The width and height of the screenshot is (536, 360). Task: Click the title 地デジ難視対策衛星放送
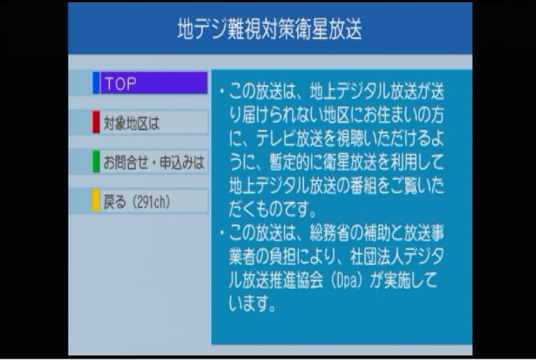[269, 29]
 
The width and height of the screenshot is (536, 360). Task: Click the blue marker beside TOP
[96, 83]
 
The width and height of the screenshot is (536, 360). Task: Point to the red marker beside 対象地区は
[96, 123]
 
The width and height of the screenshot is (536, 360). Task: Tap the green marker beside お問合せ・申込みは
[96, 162]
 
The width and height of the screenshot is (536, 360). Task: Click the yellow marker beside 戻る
[96, 201]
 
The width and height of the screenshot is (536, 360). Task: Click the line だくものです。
[273, 209]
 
